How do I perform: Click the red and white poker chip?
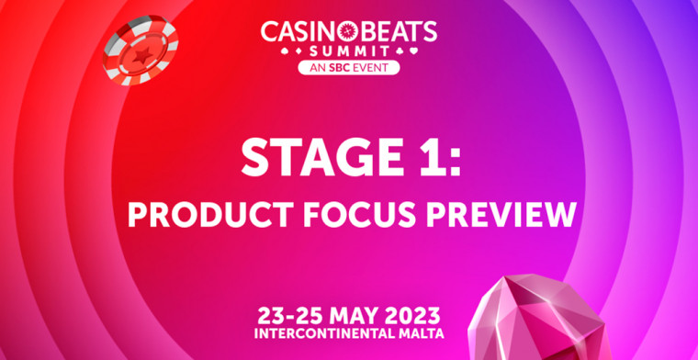click(141, 47)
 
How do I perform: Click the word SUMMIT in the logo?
click(348, 51)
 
